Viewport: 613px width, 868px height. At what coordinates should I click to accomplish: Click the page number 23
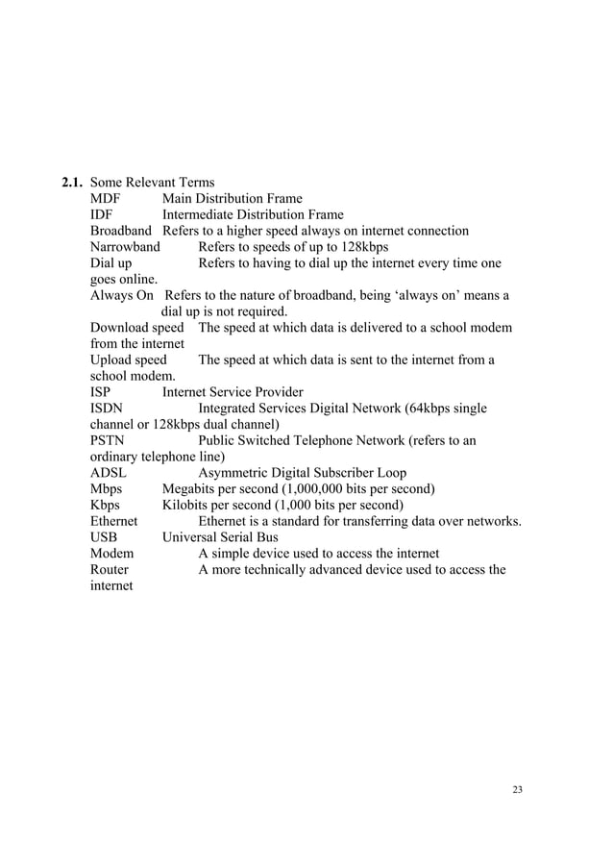point(519,790)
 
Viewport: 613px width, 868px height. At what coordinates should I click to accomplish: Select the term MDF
point(107,199)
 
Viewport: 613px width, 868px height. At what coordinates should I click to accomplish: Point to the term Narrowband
point(125,247)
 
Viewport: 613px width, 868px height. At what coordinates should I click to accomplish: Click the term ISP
point(101,392)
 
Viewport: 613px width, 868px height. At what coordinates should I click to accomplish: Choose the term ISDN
point(108,409)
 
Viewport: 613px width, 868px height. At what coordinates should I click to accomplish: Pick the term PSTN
point(108,440)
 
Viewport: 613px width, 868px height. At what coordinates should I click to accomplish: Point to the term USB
point(104,537)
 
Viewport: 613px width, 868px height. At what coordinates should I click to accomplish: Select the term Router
point(110,570)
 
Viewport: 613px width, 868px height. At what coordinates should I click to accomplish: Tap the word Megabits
point(192,489)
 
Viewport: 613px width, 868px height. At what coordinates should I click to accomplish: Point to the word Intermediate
point(200,215)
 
